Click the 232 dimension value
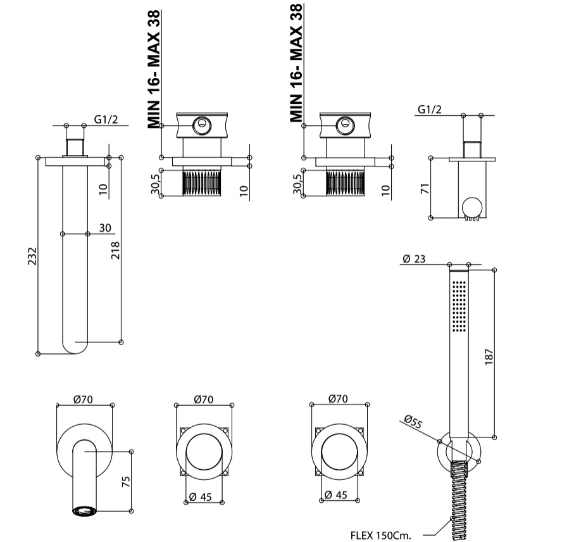(x=35, y=256)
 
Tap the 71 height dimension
(x=425, y=188)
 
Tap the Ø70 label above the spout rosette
(x=84, y=399)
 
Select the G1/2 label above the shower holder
(x=430, y=110)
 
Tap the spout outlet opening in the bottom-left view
(x=84, y=510)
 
